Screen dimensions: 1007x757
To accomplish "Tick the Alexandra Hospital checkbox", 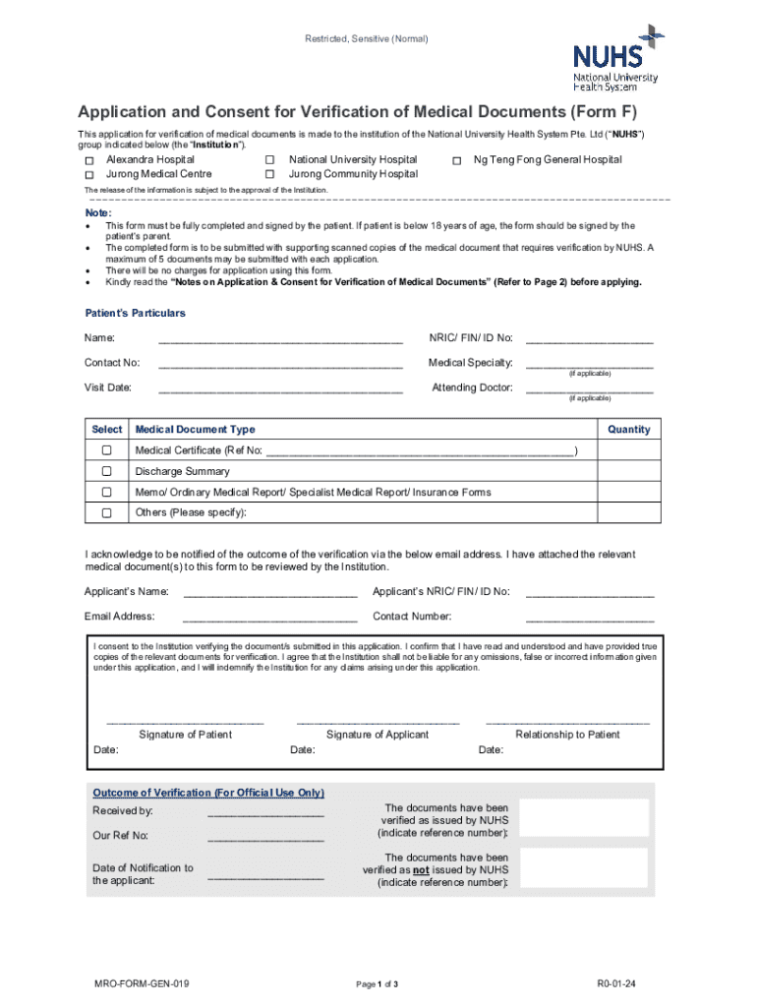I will [88, 160].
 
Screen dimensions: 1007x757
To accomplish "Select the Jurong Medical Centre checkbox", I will [88, 175].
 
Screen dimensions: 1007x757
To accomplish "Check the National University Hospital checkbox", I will [269, 160].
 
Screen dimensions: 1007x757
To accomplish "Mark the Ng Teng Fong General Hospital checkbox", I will [457, 160].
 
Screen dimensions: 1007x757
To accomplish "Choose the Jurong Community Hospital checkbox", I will [269, 175].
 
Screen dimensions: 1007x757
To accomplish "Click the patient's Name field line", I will [280, 339].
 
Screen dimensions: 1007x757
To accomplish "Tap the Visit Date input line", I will [280, 388].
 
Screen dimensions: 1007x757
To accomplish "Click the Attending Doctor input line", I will [589, 388].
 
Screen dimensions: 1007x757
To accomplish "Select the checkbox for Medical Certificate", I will [106, 450].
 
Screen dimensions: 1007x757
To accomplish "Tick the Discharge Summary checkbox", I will [106, 472].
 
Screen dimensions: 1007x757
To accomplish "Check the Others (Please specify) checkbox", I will [106, 513].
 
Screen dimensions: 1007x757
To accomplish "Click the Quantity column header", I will [629, 430].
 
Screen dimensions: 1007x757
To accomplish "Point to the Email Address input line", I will [269, 618].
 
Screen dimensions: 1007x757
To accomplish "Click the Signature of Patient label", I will [186, 735].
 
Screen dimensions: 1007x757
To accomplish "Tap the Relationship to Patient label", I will [567, 735].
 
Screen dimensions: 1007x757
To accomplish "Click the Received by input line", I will [265, 813].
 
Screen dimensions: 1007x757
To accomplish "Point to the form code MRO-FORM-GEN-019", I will [136, 983].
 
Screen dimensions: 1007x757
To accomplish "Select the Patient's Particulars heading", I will [136, 313].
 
